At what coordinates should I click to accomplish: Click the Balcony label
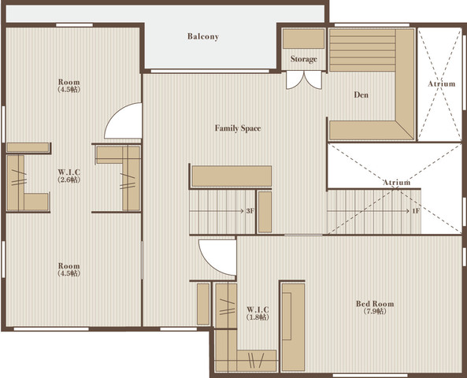click(203, 36)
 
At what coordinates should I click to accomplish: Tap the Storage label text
click(303, 59)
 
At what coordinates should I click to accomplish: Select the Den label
click(361, 94)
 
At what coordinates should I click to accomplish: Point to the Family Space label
click(238, 128)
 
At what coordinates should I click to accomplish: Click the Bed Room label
click(375, 304)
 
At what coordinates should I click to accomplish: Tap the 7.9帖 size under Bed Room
click(375, 311)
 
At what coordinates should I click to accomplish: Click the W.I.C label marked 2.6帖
click(69, 172)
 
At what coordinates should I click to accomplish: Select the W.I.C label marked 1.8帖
click(258, 309)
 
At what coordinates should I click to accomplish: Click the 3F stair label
click(250, 211)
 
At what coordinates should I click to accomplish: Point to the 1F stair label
click(416, 211)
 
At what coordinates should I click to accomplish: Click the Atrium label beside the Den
click(442, 83)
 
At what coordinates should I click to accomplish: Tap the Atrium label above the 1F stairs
click(396, 182)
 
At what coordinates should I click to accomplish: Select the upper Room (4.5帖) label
click(69, 85)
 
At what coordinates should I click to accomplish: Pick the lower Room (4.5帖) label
click(69, 269)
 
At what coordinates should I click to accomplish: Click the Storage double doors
click(304, 80)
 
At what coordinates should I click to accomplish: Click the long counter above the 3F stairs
click(232, 176)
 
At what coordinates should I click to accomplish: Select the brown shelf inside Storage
click(303, 39)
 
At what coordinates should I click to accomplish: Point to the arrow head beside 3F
click(242, 211)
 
